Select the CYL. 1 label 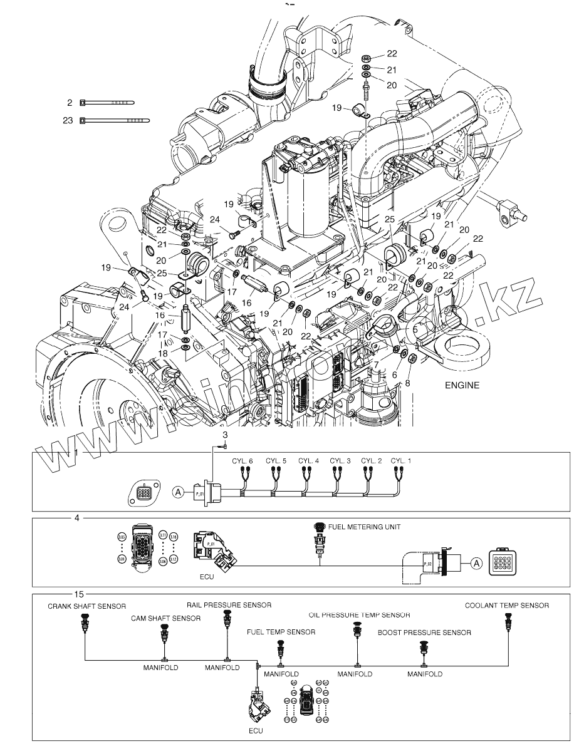point(402,461)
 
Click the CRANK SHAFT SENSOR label point(87,606)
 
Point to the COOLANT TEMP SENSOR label point(507,606)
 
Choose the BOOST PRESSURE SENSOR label point(424,633)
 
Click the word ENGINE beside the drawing point(462,385)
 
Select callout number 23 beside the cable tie point(68,120)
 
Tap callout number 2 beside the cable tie point(71,101)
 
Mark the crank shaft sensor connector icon point(85,624)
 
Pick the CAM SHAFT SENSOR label point(166,618)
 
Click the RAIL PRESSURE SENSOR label point(229,606)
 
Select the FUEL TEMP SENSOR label point(281,633)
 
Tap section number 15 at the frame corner point(79,594)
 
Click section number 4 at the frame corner point(77,519)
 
